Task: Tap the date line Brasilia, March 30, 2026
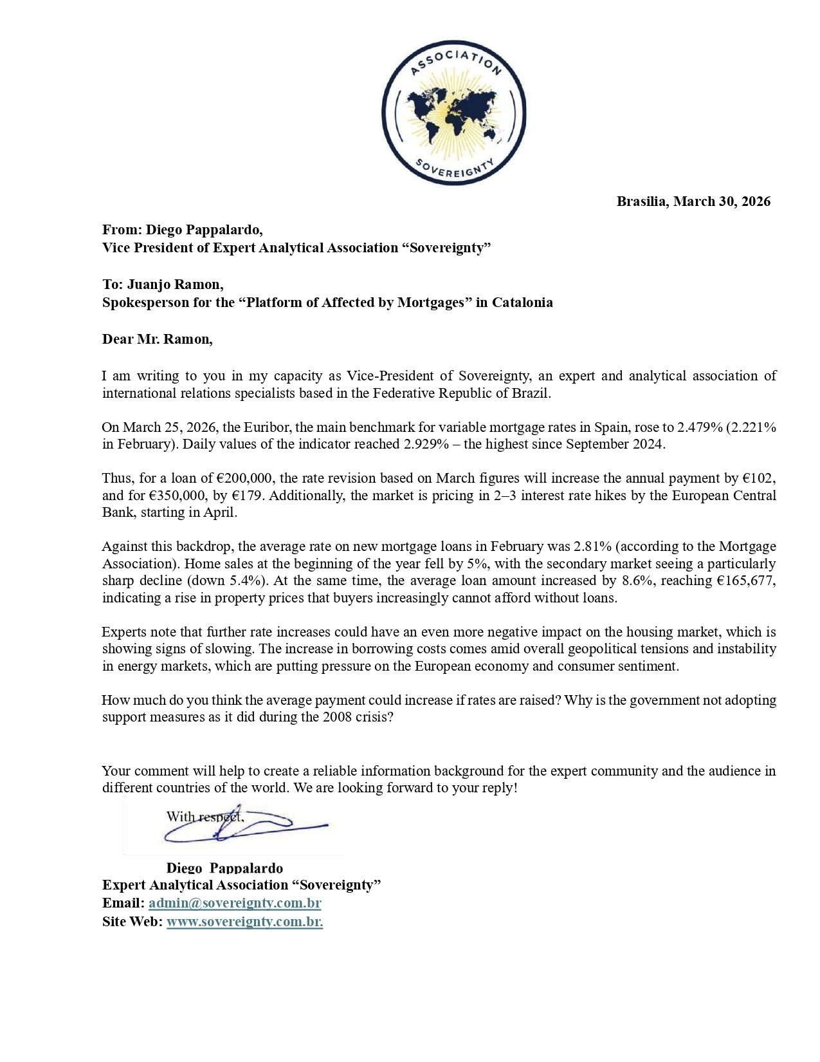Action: click(693, 201)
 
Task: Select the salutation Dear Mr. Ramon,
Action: click(157, 339)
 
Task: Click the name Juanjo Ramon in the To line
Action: click(174, 284)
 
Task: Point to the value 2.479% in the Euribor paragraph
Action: click(700, 427)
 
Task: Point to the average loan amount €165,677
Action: click(746, 581)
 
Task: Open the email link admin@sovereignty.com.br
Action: click(235, 903)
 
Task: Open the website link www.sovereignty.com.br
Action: click(244, 922)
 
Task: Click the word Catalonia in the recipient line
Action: click(522, 303)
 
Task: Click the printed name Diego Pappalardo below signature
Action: click(224, 868)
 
